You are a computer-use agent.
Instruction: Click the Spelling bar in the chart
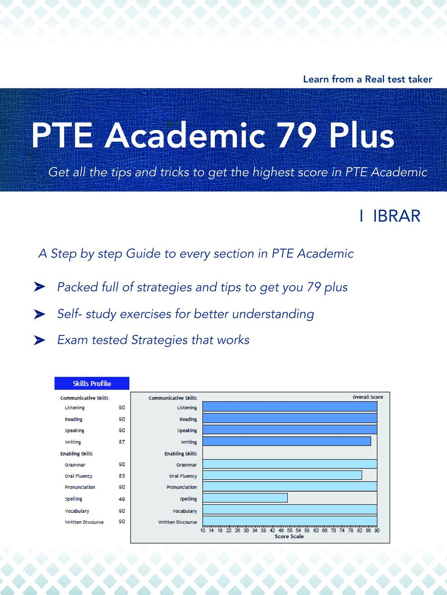coord(245,498)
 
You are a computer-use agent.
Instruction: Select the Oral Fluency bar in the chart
coord(282,475)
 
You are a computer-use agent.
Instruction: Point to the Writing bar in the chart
coord(287,441)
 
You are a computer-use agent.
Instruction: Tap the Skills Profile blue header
coord(92,384)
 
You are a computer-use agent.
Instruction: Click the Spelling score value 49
coord(122,499)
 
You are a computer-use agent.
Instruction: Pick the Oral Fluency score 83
coord(122,476)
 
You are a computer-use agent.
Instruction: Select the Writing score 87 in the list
coord(122,442)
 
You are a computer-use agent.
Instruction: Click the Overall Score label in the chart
coord(367,397)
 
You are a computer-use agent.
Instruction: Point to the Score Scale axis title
coord(289,536)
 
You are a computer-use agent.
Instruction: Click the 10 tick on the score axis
coord(203,531)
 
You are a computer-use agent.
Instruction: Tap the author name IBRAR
coord(396,216)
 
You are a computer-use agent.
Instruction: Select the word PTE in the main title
coord(62,135)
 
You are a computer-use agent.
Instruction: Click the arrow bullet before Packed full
coord(39,287)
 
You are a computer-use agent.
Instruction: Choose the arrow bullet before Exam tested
coord(39,340)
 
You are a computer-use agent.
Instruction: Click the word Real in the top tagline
coord(375,79)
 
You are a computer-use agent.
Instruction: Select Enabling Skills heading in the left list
coord(76,453)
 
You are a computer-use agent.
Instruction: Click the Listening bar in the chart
coord(290,406)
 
